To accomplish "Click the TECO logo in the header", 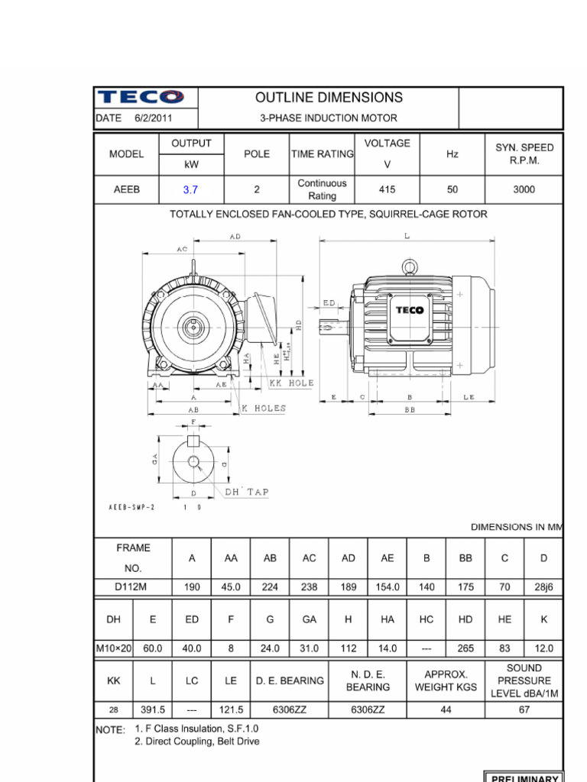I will click(140, 97).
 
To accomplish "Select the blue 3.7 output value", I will click(190, 190).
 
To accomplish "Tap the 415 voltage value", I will click(388, 189).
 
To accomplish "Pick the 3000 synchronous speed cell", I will click(524, 189).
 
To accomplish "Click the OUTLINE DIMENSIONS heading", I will click(329, 98).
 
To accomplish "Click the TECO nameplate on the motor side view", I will click(410, 309).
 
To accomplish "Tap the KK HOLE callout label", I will click(291, 383).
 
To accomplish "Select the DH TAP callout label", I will click(246, 493).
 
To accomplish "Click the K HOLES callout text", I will click(264, 409).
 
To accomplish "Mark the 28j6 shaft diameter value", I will click(543, 586).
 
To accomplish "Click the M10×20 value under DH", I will click(114, 648).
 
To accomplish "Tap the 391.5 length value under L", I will click(153, 709).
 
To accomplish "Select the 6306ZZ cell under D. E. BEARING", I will click(290, 709).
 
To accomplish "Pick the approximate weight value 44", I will click(446, 709).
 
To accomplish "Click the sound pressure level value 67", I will click(524, 709).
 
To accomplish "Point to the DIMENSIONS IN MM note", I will click(516, 527).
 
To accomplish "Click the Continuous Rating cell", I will click(322, 189).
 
